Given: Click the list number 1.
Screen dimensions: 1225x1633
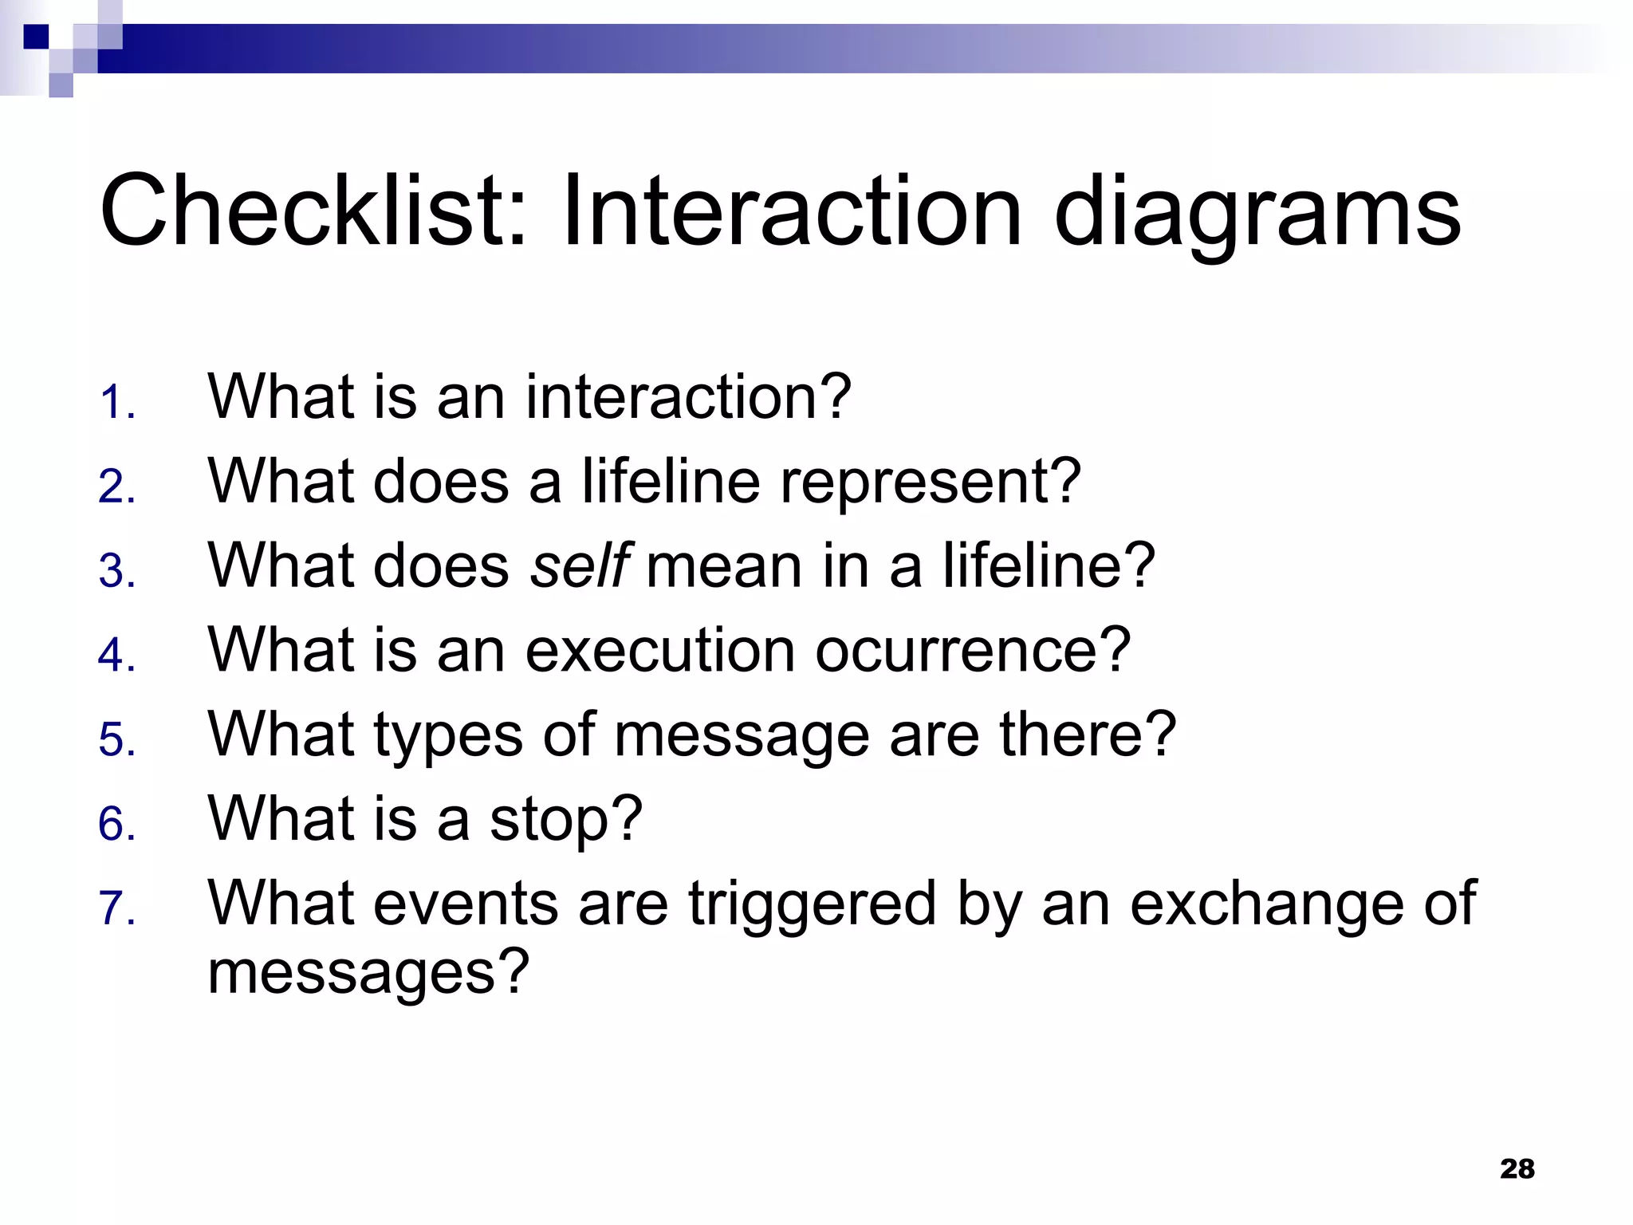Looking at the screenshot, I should click(x=116, y=403).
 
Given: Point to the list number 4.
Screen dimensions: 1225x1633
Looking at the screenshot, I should click(x=116, y=656).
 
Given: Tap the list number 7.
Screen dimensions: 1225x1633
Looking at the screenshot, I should click(x=116, y=909).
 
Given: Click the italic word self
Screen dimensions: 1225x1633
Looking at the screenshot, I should click(x=580, y=565).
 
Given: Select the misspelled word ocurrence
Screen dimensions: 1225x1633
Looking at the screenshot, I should click(x=972, y=650).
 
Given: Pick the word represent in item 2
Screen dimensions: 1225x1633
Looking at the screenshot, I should click(x=930, y=482).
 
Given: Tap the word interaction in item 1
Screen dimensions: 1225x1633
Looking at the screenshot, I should click(x=687, y=396).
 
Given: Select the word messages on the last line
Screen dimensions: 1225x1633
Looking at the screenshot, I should click(x=368, y=972).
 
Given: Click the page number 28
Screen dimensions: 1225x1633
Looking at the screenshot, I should click(x=1517, y=1169).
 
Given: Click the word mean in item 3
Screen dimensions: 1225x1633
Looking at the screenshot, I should click(x=724, y=565).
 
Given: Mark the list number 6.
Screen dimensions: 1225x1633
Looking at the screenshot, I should click(x=116, y=825).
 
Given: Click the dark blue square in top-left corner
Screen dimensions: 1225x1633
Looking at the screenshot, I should click(x=36, y=37).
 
